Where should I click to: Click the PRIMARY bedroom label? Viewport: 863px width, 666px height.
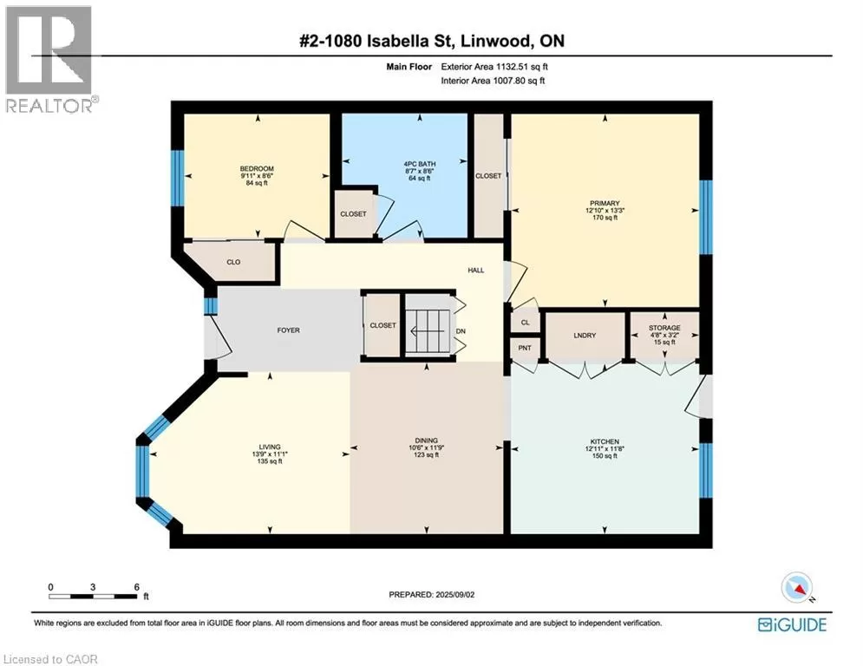[605, 203]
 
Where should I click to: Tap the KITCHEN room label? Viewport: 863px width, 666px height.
[605, 441]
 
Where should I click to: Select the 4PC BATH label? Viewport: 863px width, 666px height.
[420, 164]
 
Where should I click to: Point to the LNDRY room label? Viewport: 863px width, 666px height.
[585, 336]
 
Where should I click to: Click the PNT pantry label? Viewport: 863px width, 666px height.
[525, 348]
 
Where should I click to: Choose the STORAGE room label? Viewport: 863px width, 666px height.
[664, 328]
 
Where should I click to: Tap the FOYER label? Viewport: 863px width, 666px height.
[289, 330]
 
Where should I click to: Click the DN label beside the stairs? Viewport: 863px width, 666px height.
[461, 331]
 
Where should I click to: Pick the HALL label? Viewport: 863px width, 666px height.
[476, 271]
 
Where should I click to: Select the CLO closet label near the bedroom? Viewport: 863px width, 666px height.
[233, 262]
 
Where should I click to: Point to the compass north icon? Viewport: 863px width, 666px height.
[797, 588]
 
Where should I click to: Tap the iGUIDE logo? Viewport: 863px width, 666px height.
[792, 624]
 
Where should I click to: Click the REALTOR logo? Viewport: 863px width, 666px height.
[50, 60]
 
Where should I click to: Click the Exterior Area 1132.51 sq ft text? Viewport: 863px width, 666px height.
[494, 67]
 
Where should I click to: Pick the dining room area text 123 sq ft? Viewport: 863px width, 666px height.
[426, 455]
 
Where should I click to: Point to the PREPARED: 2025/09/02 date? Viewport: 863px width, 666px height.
[432, 594]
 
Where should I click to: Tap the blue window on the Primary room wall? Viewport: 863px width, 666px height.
[706, 217]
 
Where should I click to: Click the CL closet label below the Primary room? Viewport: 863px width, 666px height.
[525, 323]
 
